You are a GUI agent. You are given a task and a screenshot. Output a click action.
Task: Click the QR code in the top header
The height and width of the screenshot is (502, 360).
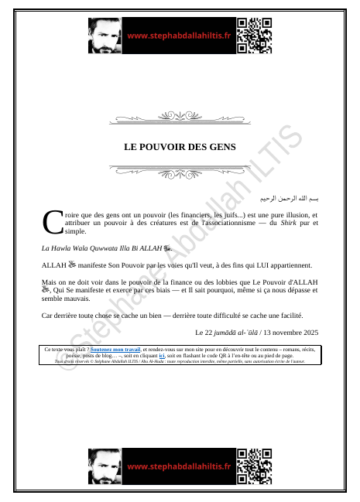point(253,36)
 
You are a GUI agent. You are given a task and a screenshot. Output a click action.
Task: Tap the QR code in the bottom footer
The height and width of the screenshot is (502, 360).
point(253,466)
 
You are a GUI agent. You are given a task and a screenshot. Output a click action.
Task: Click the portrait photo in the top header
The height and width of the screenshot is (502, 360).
point(105,36)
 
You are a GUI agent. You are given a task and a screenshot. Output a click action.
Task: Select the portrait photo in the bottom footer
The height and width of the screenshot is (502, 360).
point(105,466)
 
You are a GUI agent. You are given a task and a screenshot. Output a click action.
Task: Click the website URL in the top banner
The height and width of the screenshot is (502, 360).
point(179,36)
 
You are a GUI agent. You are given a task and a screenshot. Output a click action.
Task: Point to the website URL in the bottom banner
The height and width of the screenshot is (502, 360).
point(179,466)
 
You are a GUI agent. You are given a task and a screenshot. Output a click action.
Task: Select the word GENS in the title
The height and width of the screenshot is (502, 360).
point(221,146)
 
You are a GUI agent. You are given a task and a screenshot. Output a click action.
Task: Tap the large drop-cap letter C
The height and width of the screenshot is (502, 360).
point(52,222)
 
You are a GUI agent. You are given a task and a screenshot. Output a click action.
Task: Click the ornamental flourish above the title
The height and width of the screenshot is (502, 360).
point(180,118)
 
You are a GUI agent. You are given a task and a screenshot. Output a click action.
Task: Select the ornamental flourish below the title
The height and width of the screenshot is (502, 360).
point(180,169)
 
